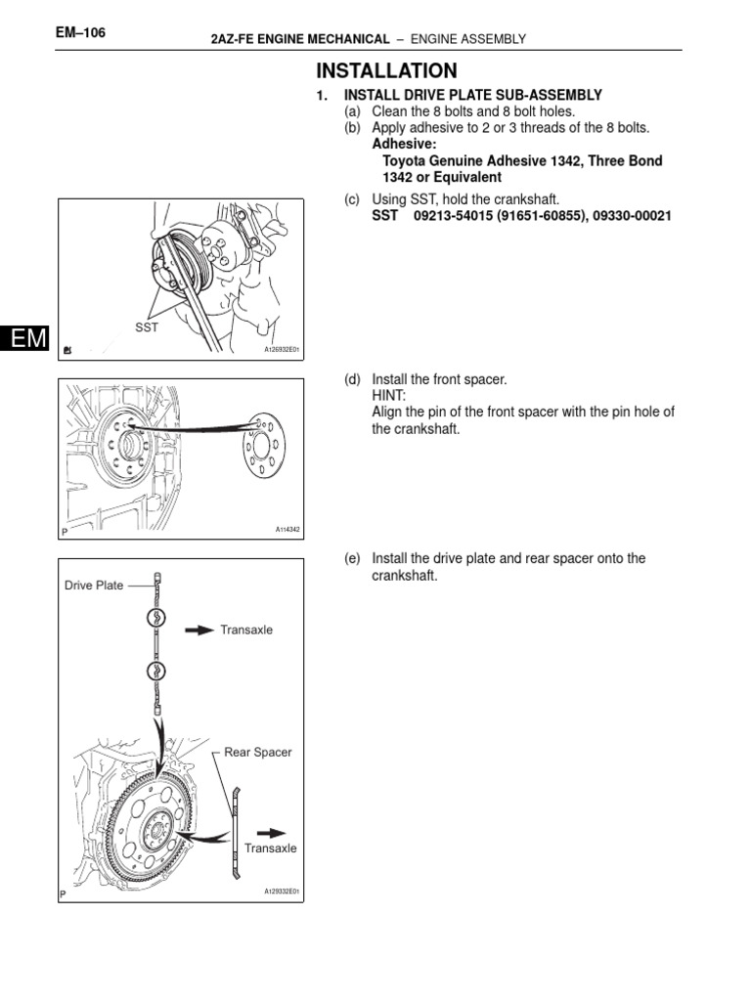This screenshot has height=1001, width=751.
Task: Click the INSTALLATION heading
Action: click(385, 70)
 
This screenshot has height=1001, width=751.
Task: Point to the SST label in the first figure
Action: click(146, 328)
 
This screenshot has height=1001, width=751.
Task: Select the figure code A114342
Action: click(287, 530)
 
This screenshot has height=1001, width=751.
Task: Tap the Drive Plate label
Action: click(94, 586)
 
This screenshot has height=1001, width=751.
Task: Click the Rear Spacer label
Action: click(258, 752)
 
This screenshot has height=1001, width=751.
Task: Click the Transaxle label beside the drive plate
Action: click(246, 631)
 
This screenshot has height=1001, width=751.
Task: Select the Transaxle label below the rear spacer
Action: click(270, 848)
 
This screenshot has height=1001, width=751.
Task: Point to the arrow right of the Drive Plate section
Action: click(199, 631)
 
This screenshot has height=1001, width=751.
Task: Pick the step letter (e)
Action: click(352, 558)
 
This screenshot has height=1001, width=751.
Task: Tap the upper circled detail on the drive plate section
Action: click(156, 619)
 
